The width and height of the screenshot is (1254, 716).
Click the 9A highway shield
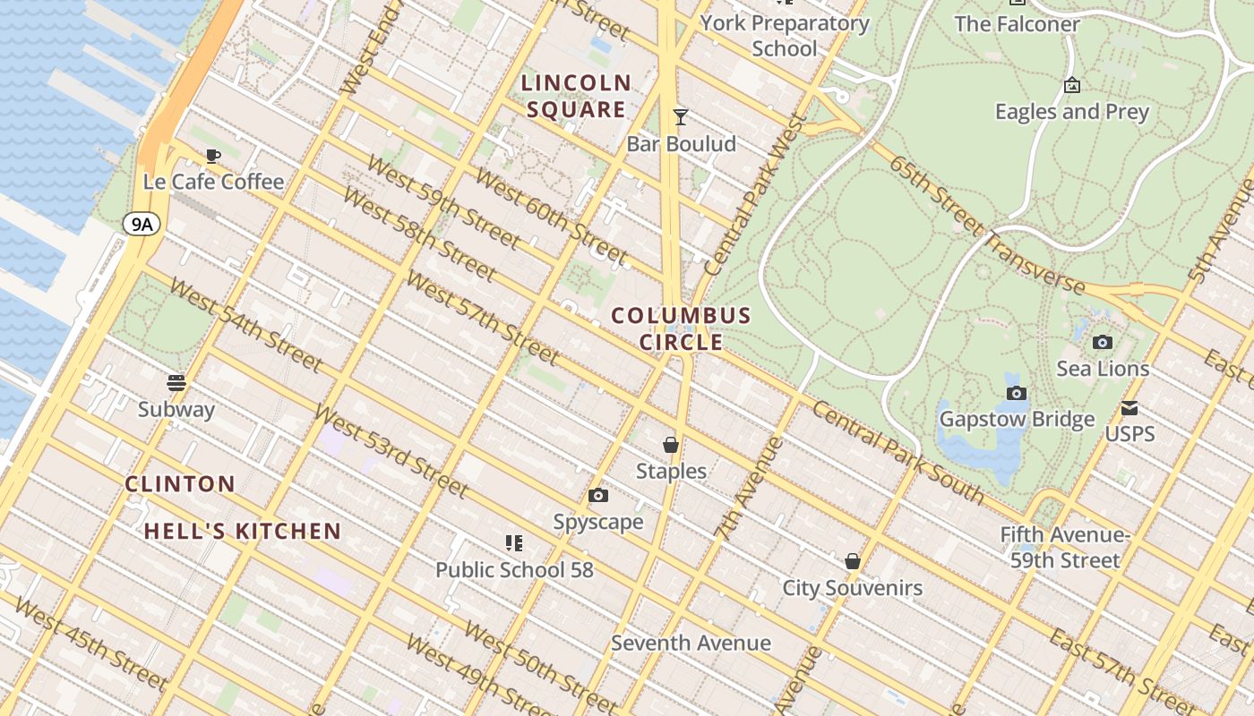tap(142, 224)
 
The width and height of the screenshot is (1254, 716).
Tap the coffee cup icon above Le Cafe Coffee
tap(213, 156)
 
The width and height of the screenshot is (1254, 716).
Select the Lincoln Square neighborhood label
tap(577, 97)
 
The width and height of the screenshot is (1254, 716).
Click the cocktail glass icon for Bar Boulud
tap(681, 116)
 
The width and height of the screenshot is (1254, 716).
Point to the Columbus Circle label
tap(681, 328)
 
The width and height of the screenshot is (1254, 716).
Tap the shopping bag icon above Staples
tap(670, 445)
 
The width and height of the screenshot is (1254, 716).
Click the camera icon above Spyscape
tap(598, 496)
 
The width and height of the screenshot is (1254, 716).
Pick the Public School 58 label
tap(514, 569)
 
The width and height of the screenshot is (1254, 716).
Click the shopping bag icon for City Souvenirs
tap(853, 561)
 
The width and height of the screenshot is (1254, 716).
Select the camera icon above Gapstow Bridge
tap(1016, 393)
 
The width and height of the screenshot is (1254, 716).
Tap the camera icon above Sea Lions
tap(1103, 342)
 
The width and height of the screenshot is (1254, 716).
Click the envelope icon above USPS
tap(1129, 408)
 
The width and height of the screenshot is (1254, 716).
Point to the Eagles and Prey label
tap(1071, 112)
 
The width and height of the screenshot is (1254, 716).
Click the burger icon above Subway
tap(176, 383)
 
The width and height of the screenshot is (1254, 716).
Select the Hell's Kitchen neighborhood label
tap(243, 531)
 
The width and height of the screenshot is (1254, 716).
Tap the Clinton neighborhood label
tap(180, 484)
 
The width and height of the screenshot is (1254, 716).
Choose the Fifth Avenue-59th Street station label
tap(1065, 548)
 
